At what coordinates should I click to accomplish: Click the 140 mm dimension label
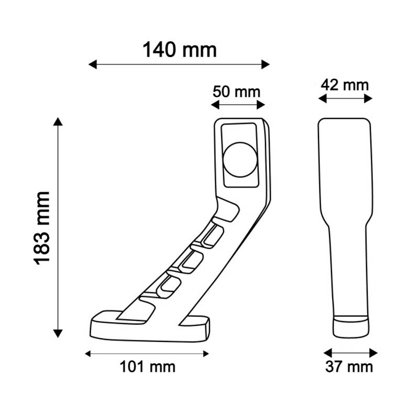(x=179, y=50)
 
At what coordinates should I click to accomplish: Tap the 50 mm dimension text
(x=236, y=91)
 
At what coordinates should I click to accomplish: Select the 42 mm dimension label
(x=345, y=84)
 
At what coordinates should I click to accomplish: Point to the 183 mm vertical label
(x=42, y=227)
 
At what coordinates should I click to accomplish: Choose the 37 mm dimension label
(x=349, y=367)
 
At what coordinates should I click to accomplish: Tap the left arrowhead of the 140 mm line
(x=92, y=64)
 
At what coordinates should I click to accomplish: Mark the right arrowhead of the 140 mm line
(x=266, y=64)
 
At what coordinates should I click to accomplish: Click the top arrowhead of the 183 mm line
(x=58, y=122)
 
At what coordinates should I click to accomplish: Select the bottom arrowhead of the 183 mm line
(x=58, y=333)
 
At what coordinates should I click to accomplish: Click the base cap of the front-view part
(x=350, y=327)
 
